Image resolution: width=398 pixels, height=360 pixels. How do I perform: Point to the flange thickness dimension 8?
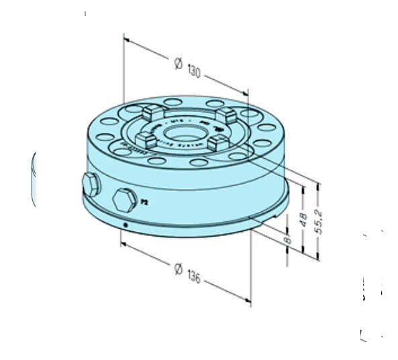[288, 237]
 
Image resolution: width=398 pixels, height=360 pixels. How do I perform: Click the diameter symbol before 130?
[177, 64]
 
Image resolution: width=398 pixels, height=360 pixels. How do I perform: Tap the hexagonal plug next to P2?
[123, 200]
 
